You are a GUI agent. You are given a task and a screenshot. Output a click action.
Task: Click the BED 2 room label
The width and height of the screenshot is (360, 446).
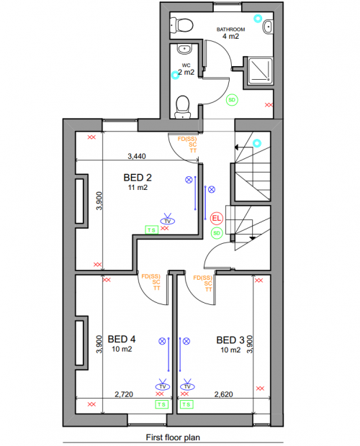pyautogui.click(x=137, y=177)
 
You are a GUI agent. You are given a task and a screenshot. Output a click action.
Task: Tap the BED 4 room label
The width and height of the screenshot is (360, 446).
pyautogui.click(x=122, y=339)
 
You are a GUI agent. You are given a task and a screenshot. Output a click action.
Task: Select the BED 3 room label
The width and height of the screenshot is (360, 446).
pyautogui.click(x=230, y=340)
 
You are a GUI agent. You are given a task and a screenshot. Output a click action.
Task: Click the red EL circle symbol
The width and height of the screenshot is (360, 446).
pyautogui.click(x=217, y=217)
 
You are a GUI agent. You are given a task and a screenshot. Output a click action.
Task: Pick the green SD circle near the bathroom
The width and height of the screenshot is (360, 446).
pyautogui.click(x=232, y=100)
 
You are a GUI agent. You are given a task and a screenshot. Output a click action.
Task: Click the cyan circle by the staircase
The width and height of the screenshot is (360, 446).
pyautogui.click(x=258, y=143)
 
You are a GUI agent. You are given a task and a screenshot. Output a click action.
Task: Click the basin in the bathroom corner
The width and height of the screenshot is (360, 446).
pyautogui.click(x=268, y=27)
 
